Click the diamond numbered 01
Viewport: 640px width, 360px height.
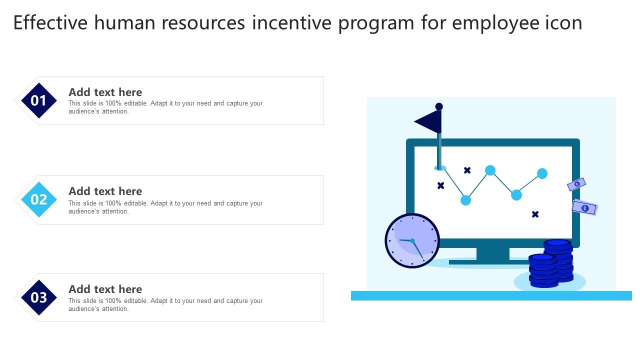click(39, 100)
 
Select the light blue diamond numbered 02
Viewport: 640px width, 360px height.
click(39, 199)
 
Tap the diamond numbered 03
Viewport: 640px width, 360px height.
click(39, 297)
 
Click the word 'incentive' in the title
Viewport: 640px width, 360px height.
click(291, 23)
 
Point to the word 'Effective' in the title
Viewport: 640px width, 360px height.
click(50, 23)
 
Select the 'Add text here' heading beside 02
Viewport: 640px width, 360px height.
click(105, 191)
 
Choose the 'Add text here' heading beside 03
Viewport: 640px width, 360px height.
click(105, 289)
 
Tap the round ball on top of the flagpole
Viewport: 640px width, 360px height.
click(439, 106)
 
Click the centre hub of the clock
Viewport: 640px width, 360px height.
click(412, 241)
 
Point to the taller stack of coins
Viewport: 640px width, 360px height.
click(559, 260)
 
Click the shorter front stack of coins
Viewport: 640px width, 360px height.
click(543, 270)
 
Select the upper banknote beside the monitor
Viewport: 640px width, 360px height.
click(576, 184)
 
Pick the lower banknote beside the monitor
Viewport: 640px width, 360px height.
click(584, 207)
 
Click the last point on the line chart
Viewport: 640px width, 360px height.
click(542, 173)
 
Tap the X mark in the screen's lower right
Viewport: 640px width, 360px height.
click(535, 214)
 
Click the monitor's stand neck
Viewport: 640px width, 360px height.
click(493, 253)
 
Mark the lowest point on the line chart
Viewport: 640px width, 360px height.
click(465, 200)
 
